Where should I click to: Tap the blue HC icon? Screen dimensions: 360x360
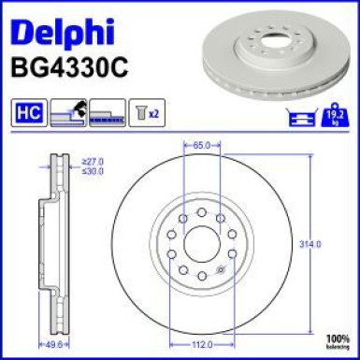coord(27,114)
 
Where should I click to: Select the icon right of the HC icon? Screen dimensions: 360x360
coord(68,114)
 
